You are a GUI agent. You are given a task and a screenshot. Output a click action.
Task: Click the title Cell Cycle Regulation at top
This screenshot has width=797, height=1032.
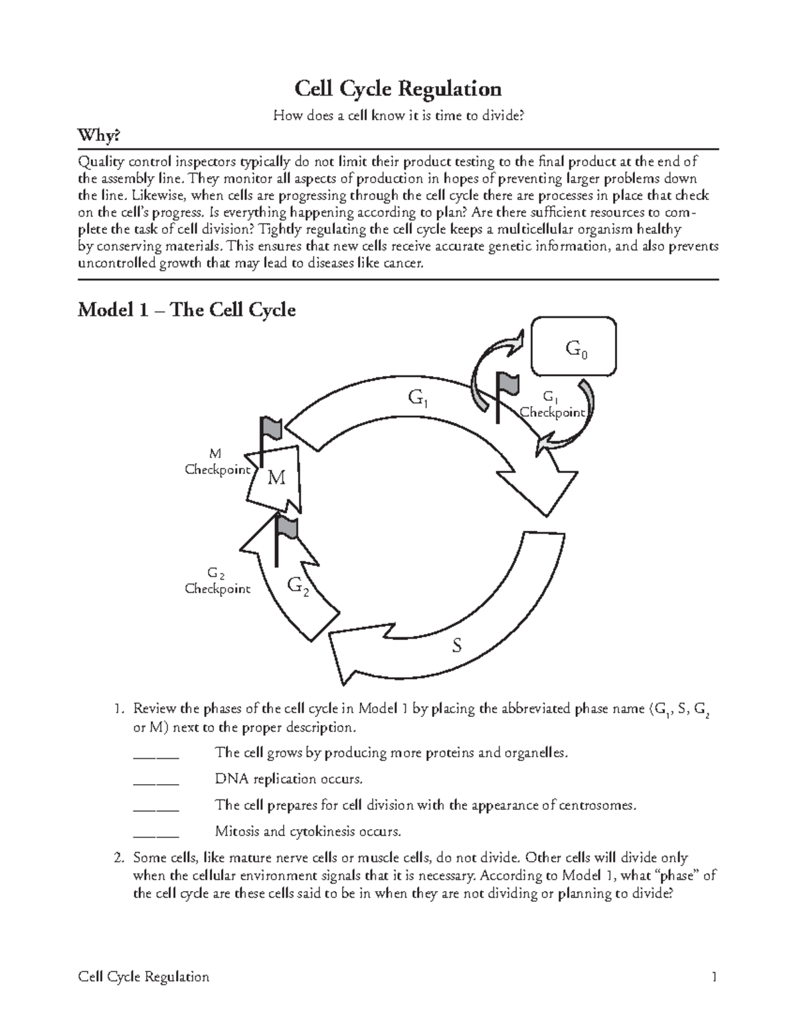398,88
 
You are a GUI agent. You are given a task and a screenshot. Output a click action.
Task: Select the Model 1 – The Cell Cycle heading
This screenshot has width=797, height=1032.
187,310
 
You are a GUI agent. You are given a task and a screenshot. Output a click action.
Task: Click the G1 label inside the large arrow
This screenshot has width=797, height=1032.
418,399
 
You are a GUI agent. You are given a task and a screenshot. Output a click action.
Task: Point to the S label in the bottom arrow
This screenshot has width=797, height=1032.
456,645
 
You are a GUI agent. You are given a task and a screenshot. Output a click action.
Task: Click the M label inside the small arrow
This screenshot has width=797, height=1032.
276,477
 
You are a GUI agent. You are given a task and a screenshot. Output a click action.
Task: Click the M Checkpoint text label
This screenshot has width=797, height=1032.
217,462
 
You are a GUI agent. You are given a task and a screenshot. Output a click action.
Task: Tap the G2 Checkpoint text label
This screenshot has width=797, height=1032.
217,581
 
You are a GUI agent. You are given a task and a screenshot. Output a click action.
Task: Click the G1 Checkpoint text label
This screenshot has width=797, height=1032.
552,405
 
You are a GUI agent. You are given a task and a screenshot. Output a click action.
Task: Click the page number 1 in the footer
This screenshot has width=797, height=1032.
714,977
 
